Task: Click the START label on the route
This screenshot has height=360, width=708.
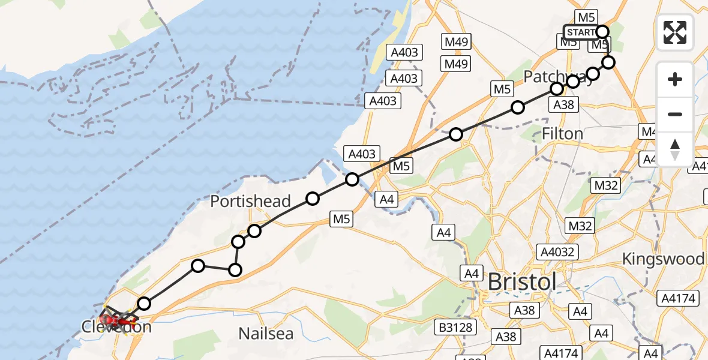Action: [580, 32]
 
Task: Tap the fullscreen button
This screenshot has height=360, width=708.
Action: [675, 32]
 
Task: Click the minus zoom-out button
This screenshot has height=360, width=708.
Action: [675, 114]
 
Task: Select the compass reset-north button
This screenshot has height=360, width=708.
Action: [675, 149]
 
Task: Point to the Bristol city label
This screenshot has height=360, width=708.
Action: [521, 281]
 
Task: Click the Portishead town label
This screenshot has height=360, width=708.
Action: [250, 202]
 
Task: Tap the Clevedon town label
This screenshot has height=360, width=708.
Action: [117, 328]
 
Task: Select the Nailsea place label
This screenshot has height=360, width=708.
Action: [266, 334]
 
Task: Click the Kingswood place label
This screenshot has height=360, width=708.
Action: [663, 259]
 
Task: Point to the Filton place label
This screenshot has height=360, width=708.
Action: [562, 133]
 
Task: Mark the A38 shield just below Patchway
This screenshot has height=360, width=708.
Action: [563, 105]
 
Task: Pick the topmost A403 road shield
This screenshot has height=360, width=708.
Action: [404, 52]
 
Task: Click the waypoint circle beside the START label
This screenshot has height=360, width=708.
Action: [602, 32]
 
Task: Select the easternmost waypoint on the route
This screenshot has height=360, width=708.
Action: [608, 62]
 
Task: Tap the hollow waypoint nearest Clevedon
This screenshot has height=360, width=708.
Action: [143, 304]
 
